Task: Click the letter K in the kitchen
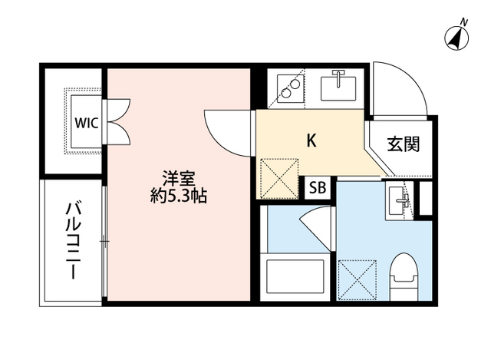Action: (311, 140)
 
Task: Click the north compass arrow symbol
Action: (457, 37)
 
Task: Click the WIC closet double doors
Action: (119, 120)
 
